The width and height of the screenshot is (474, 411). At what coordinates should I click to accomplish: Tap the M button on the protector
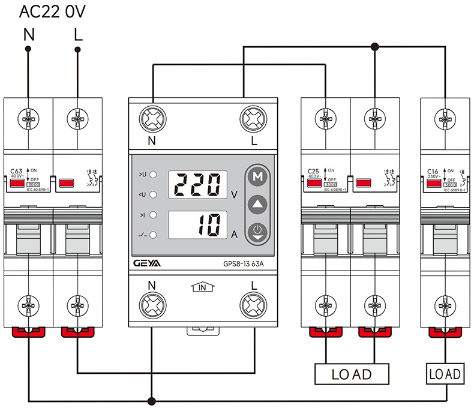click(x=258, y=177)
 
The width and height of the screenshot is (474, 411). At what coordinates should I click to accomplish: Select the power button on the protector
click(x=258, y=230)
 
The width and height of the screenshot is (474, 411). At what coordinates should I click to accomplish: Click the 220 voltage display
click(x=197, y=185)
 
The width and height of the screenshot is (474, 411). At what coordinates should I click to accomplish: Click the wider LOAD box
click(x=352, y=374)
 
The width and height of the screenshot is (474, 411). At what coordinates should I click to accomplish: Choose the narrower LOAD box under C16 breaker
click(x=445, y=374)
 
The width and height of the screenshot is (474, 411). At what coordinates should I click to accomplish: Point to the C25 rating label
click(x=313, y=171)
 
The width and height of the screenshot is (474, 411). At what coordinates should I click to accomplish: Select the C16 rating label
click(x=433, y=171)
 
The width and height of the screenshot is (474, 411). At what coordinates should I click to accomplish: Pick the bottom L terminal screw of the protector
click(x=253, y=301)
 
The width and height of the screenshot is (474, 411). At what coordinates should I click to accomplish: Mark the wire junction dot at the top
click(x=375, y=46)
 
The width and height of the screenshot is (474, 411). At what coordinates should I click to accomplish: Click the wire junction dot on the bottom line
click(x=153, y=400)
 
